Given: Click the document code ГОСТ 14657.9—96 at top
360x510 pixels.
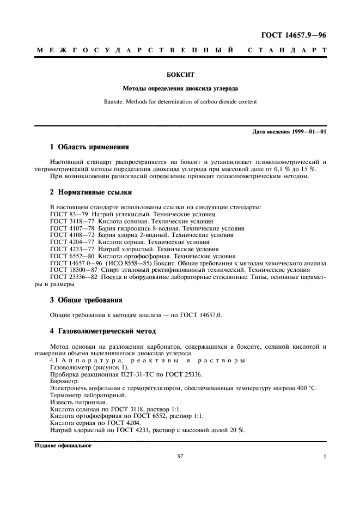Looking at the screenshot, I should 294,37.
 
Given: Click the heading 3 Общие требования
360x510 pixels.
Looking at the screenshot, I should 86,300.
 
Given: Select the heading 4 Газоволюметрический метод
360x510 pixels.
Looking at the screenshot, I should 103,331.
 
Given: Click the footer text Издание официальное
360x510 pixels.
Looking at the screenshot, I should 63,445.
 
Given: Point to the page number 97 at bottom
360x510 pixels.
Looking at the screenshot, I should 180,457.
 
